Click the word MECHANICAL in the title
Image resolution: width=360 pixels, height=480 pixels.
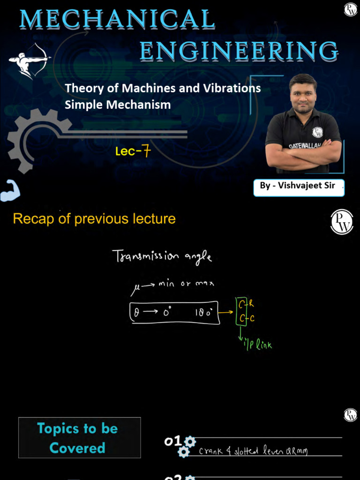tap(118, 20)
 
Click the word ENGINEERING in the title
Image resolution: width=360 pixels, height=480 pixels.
tap(239, 52)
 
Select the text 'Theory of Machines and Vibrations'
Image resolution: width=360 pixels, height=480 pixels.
tap(163, 88)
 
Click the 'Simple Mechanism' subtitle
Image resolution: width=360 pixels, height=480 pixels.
tap(118, 105)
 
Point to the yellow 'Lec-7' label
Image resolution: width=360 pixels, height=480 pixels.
tap(133, 151)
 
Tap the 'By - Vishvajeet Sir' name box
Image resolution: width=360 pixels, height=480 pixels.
tap(299, 186)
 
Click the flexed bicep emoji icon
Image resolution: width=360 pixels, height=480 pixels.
tap(10, 191)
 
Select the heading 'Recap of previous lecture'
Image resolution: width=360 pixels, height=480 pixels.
tap(94, 219)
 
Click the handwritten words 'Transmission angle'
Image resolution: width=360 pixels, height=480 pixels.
tap(162, 257)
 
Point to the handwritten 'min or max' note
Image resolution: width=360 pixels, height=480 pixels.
tap(187, 284)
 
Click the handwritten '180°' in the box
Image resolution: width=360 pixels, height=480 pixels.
tap(206, 313)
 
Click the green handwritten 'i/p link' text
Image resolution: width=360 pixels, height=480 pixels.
tap(257, 345)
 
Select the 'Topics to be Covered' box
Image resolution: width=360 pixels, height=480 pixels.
tap(79, 438)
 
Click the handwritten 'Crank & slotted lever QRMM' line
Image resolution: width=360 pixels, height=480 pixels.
tap(253, 451)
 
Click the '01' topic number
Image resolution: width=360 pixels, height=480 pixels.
tap(172, 441)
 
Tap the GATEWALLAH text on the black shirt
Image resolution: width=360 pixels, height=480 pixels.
tap(305, 146)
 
